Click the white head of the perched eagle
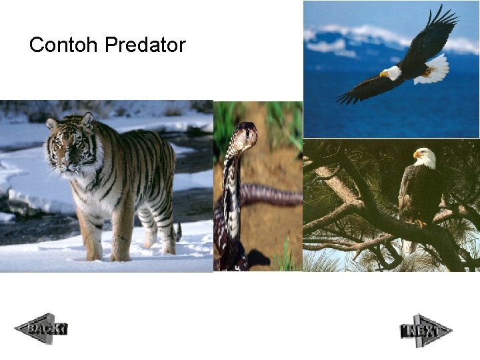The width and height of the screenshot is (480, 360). (425, 158)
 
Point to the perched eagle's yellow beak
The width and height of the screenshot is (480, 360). (416, 155)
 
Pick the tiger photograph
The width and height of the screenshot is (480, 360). (107, 186)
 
